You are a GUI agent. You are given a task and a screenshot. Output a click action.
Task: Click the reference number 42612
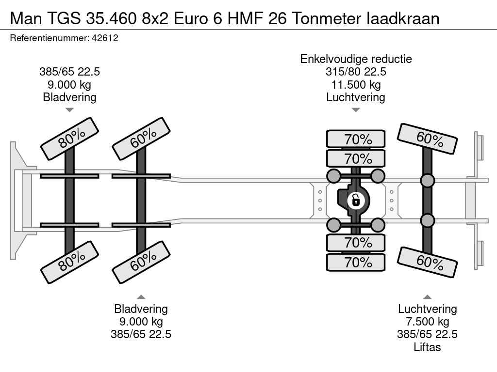click(x=105, y=38)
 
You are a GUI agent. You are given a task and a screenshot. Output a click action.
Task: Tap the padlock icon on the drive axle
click(x=356, y=201)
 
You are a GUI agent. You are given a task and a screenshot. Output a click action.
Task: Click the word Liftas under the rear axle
click(x=427, y=347)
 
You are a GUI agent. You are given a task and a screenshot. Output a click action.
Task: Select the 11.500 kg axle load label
click(x=356, y=84)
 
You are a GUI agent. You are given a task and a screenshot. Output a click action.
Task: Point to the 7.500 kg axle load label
click(x=427, y=322)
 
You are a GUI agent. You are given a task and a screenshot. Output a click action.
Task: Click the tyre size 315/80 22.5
click(x=356, y=72)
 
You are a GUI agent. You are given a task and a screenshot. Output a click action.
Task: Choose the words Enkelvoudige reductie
click(x=356, y=59)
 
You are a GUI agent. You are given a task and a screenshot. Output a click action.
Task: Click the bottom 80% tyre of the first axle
click(x=70, y=262)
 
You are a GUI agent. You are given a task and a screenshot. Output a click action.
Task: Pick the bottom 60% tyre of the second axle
click(x=141, y=262)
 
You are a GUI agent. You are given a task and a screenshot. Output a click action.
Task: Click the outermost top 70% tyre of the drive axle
click(x=356, y=139)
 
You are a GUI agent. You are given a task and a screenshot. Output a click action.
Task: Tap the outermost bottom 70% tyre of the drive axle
click(x=356, y=262)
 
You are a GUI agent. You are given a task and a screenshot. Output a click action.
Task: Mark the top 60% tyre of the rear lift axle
click(x=427, y=139)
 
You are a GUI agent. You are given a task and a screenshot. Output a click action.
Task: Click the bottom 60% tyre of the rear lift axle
click(x=427, y=262)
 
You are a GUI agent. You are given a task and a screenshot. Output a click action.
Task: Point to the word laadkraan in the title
click(x=403, y=18)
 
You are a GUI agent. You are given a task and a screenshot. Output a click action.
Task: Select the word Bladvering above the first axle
click(x=70, y=97)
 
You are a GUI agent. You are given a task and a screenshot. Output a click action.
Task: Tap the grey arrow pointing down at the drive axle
click(x=356, y=110)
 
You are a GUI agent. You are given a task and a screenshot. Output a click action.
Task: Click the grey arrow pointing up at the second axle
click(x=141, y=297)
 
